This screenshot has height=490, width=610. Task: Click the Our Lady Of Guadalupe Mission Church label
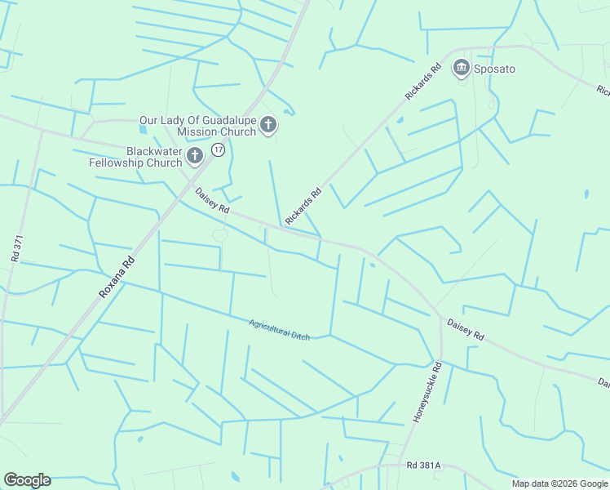point(197,126)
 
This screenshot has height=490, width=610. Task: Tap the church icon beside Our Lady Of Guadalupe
point(268,126)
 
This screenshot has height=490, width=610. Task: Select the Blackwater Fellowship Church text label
point(136,157)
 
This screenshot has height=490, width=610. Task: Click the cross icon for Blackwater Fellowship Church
point(194,156)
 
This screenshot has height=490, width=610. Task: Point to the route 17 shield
point(218,149)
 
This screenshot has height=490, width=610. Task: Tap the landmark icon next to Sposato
point(462,68)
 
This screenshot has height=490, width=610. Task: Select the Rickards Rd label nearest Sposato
point(422,81)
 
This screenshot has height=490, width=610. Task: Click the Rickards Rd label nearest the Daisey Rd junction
point(303,207)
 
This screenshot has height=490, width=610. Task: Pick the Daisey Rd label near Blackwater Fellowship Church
point(212,202)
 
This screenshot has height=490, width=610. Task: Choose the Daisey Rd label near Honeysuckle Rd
point(466,330)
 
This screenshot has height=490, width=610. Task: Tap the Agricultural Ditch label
point(279,330)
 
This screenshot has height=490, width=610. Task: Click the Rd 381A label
point(423,465)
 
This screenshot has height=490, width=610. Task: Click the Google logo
point(27,480)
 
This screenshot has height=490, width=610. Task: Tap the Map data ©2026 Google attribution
point(559,483)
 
